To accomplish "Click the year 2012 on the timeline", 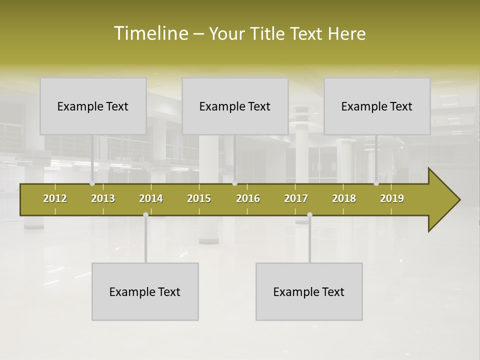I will [55, 198].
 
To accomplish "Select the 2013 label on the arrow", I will [103, 198].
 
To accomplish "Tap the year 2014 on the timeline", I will [151, 198].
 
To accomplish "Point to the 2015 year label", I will [199, 198].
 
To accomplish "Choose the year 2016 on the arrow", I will [248, 198].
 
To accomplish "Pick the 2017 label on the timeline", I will [296, 198].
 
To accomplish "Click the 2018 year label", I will [344, 198].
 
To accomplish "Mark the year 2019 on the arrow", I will [392, 198].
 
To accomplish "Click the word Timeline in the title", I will [150, 33].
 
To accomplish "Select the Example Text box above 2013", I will [93, 106].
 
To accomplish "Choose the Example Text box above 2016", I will [235, 106].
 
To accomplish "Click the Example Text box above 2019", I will [377, 106].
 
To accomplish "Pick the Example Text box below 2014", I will [145, 291].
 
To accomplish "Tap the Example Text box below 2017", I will [309, 291].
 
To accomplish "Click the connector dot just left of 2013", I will [92, 183].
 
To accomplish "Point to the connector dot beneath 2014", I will [145, 215].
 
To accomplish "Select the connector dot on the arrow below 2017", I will [309, 215].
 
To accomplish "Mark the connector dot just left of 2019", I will [376, 183].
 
